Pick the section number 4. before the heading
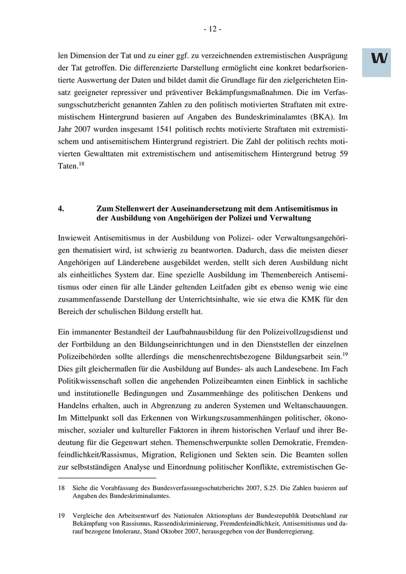click(61, 208)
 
